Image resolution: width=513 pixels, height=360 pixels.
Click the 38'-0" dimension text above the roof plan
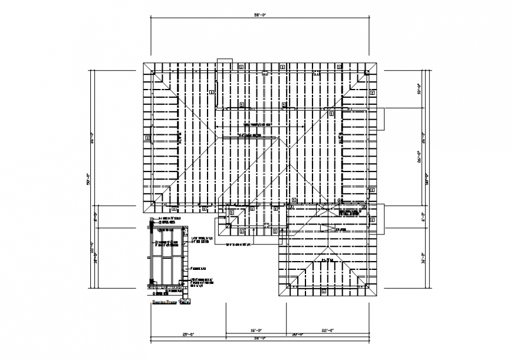pos(261,14)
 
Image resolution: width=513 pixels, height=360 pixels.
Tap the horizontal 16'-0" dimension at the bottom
pos(256,331)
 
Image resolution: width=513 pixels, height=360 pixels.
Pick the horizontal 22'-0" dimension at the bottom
pos(328,331)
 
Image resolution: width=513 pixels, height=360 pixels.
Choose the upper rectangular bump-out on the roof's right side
pos(380,118)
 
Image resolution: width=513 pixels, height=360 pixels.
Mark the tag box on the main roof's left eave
pos(147,138)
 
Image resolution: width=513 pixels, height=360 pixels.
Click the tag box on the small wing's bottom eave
pos(323,291)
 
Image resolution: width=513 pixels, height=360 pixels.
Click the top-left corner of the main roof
pos(144,62)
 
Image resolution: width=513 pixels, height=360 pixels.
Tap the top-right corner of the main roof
pos(379,62)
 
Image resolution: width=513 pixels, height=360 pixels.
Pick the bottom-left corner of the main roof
pos(144,212)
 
